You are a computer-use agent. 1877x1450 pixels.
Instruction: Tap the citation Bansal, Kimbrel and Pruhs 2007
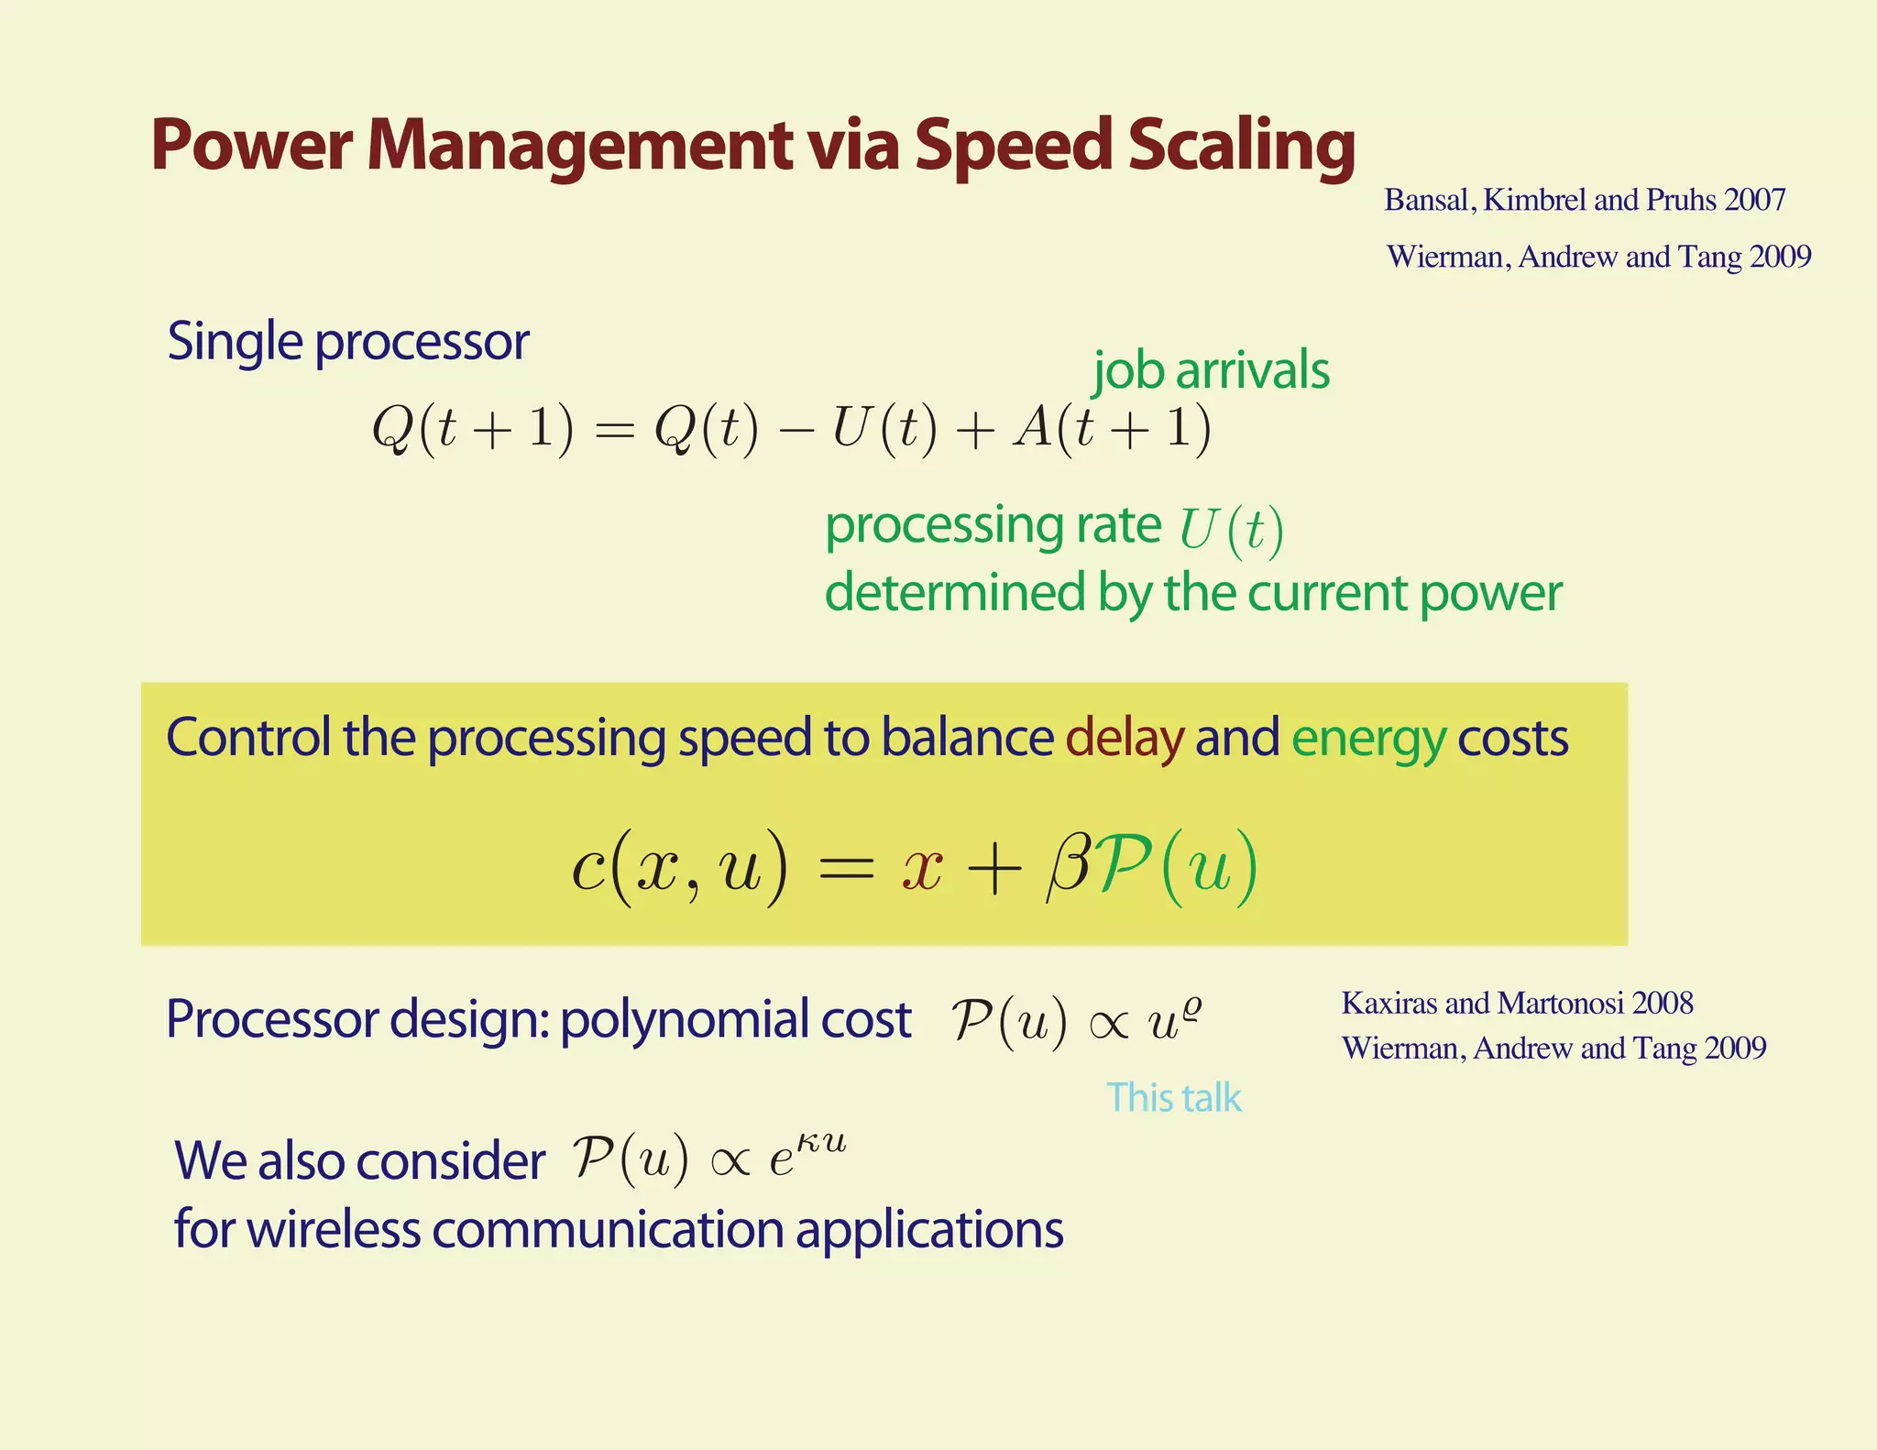(1585, 200)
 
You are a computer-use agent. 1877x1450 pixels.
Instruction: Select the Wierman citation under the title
(1598, 257)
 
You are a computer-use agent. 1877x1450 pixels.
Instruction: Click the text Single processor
(347, 342)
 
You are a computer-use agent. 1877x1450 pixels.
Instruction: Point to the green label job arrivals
(1211, 370)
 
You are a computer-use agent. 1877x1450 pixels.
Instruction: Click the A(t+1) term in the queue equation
(1112, 429)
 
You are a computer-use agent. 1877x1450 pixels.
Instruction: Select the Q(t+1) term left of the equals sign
(472, 429)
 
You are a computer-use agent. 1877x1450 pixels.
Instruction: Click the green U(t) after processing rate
(1231, 530)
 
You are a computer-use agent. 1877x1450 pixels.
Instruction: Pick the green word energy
(1367, 740)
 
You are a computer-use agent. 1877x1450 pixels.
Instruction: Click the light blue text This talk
(1173, 1097)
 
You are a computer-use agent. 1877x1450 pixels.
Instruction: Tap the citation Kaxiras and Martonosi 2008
(1517, 1003)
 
